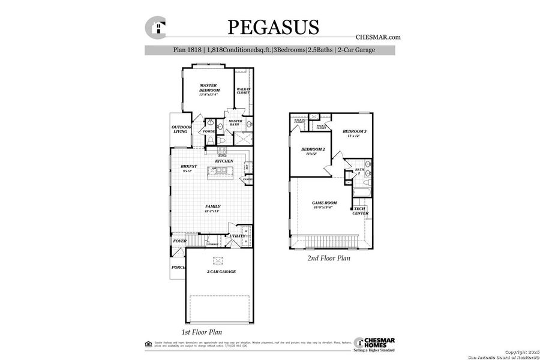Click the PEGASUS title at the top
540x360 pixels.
(273, 27)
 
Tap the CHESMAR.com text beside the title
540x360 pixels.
(377, 37)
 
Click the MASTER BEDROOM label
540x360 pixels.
(209, 88)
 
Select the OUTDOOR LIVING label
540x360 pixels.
(181, 129)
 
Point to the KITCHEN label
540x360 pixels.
(224, 161)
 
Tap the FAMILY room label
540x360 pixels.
(212, 206)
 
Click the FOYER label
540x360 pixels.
(179, 241)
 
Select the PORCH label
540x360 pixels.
(178, 268)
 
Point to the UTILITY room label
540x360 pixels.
(236, 236)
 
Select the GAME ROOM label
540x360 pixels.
(324, 203)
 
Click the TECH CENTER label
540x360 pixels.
(360, 211)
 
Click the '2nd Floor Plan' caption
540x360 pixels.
(329, 259)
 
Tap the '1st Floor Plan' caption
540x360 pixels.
(202, 332)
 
